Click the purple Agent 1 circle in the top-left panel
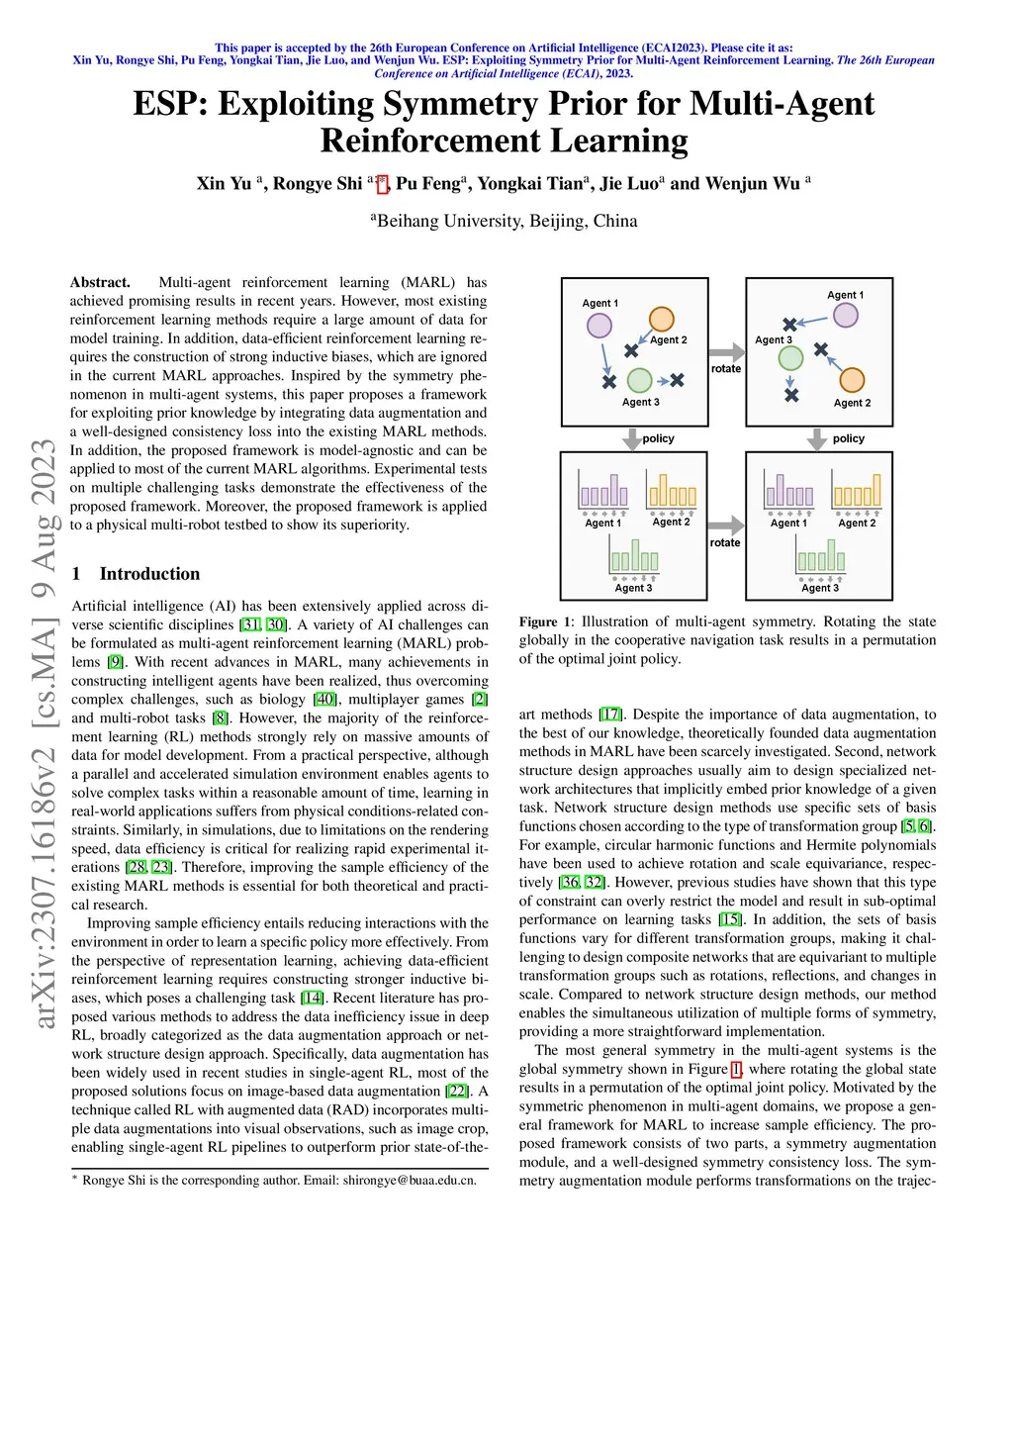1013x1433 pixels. coord(599,325)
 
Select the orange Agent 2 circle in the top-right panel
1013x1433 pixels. coord(852,380)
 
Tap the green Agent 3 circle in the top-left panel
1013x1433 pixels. coord(640,380)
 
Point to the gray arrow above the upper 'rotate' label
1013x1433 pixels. coord(727,351)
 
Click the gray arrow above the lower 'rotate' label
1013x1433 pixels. coord(726,525)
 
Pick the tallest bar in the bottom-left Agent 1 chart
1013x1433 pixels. coord(615,490)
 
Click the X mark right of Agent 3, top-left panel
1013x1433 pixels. coord(677,380)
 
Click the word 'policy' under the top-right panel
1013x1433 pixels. coord(849,438)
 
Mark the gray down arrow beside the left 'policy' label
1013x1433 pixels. coord(632,438)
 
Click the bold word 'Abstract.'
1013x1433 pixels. coord(100,282)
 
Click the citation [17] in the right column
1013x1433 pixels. coord(610,715)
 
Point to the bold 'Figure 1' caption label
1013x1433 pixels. coord(546,621)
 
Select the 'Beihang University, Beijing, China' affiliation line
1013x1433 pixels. coord(506,221)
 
